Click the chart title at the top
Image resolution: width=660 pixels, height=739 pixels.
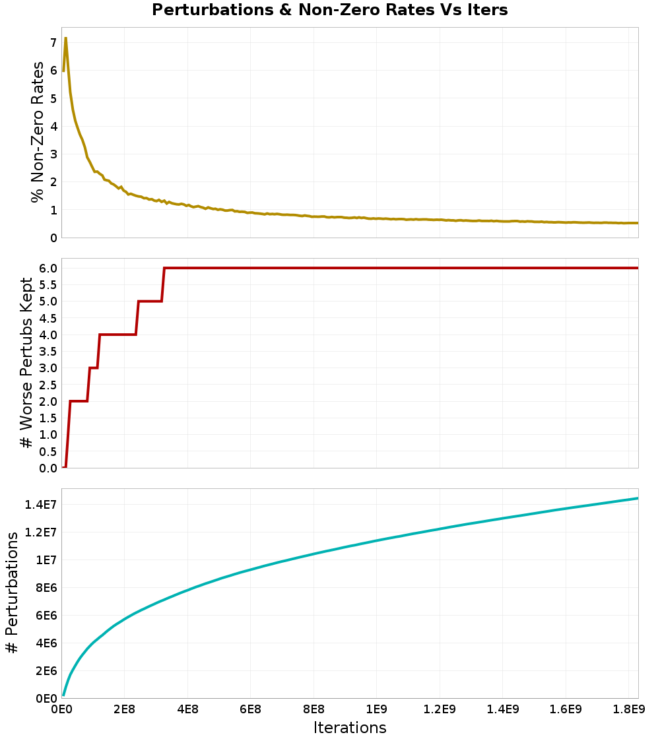click(329, 10)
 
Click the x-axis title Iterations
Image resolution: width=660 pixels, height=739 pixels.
click(349, 727)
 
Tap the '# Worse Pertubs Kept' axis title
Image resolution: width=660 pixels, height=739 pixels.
click(26, 363)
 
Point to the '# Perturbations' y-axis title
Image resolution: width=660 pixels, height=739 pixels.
click(12, 593)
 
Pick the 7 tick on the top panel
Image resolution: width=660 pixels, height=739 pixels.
click(54, 42)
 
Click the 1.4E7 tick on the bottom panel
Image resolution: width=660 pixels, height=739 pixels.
click(40, 504)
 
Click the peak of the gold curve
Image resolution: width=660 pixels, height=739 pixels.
click(65, 38)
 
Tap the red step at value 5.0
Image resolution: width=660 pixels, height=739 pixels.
click(150, 301)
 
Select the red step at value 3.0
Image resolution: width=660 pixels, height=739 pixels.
click(94, 368)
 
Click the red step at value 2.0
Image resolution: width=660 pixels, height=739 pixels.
click(79, 401)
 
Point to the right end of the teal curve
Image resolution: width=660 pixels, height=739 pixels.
click(638, 498)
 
